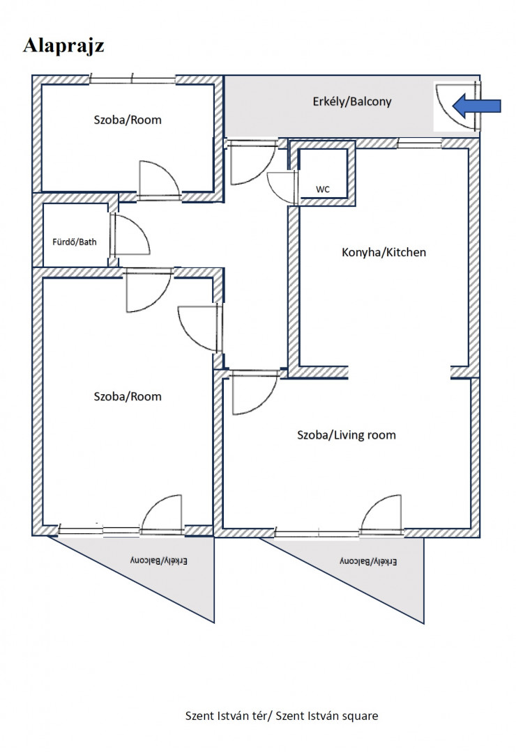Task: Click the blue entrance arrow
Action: [477, 106]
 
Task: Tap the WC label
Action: [323, 189]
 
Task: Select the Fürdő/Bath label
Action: [75, 242]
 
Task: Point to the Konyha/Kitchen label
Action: [384, 252]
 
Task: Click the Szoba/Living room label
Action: [347, 435]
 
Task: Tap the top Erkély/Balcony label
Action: [352, 102]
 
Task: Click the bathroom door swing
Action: [130, 235]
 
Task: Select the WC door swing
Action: [282, 187]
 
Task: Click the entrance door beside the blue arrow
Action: [457, 107]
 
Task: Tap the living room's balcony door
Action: [381, 514]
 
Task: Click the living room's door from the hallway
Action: [255, 393]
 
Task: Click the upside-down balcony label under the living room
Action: [368, 561]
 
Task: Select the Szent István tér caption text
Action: [282, 716]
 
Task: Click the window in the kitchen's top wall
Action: [420, 143]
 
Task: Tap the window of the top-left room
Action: [132, 79]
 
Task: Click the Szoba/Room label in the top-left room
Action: [128, 120]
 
